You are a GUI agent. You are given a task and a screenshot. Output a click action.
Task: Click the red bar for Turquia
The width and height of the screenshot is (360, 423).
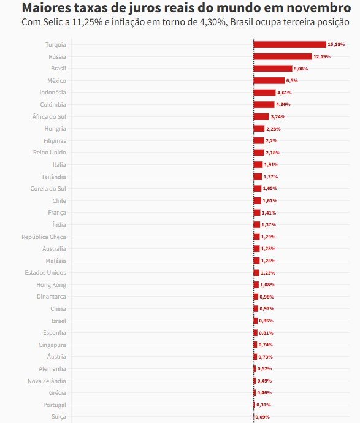290,45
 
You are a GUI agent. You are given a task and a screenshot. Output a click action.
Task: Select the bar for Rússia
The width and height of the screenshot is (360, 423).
283,56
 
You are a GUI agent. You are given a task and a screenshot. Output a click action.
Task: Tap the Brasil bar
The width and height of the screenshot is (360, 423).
273,69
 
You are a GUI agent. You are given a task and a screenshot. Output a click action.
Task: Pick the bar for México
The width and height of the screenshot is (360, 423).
269,81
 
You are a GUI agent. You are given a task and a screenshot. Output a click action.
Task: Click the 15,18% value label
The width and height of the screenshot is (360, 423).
336,45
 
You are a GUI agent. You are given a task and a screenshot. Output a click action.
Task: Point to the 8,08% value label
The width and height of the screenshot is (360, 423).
301,69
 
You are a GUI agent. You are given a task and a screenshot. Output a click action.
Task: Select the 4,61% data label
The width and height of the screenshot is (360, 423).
285,93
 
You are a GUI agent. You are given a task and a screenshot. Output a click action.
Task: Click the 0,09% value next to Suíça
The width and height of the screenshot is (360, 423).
262,417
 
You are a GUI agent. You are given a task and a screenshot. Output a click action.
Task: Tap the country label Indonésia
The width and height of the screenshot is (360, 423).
53,93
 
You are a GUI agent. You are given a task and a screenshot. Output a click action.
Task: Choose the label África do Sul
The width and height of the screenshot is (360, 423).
49,116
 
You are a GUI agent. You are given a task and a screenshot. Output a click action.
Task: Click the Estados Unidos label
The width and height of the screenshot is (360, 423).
45,273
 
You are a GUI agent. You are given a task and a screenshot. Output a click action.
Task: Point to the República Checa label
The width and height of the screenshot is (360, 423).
44,237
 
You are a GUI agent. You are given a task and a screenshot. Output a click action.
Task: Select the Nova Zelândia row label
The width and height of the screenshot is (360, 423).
47,381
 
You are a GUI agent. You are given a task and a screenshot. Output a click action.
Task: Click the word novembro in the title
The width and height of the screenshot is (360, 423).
319,8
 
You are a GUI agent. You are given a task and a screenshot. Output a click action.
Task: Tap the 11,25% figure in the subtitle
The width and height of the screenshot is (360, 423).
88,22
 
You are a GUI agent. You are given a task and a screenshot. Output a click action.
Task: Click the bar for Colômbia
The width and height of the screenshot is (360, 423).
264,105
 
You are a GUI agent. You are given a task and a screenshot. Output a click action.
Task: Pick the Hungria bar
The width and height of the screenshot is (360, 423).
259,129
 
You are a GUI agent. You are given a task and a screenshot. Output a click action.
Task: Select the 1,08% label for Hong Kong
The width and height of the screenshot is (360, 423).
267,285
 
